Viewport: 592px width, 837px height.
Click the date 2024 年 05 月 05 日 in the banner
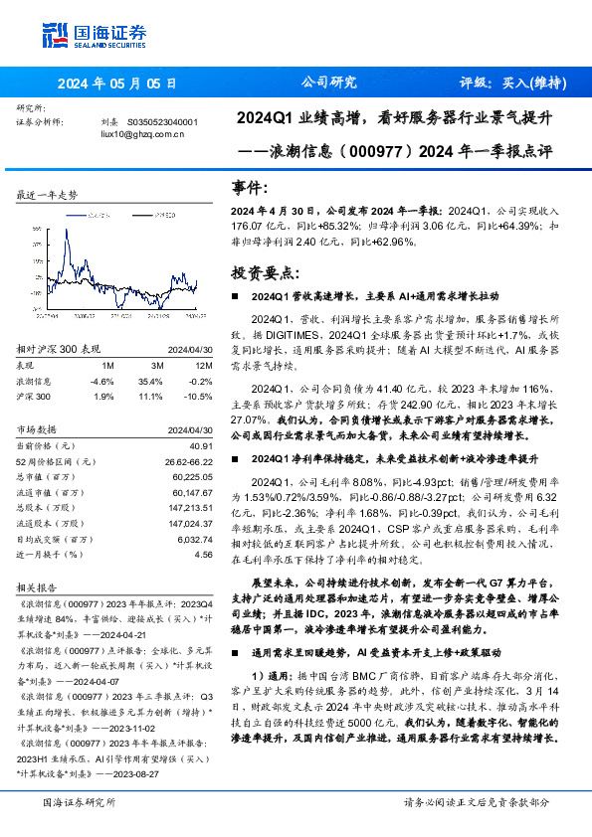click(117, 84)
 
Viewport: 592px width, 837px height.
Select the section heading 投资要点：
click(264, 271)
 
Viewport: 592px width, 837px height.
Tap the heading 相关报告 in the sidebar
click(38, 587)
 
